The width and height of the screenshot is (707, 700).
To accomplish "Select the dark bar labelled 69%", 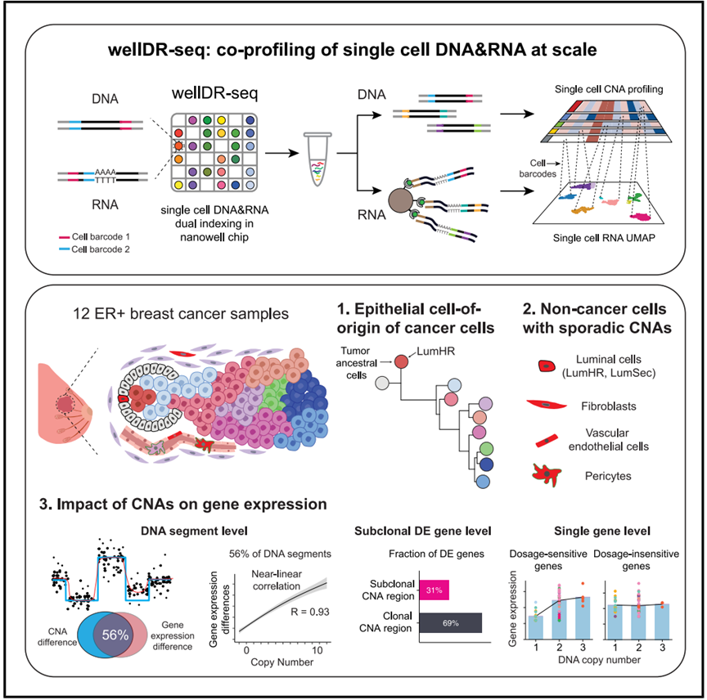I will tap(452, 623).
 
